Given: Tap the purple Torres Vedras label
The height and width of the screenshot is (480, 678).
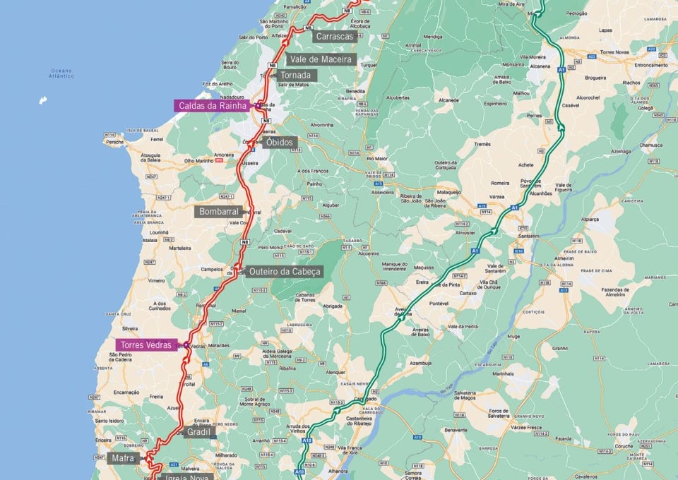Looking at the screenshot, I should pos(145,345).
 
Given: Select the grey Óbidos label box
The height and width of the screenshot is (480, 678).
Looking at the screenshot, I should pos(280,142).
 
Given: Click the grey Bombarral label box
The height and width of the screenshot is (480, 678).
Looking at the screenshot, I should pos(219,211).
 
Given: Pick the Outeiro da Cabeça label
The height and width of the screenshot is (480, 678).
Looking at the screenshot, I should pos(285,271).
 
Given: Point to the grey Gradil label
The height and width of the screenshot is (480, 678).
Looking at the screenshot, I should pos(200,431).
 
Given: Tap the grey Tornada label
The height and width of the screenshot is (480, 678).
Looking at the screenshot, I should pos(295,75).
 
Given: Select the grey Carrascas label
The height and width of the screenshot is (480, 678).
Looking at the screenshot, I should pos(335,36).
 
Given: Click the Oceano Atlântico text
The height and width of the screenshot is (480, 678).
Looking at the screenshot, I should pos(62,73).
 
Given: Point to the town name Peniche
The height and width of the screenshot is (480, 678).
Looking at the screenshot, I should pos(114,142).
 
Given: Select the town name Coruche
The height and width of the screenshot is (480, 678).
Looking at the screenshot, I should pos(621,445).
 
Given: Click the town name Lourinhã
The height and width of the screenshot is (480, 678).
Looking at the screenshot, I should pos(159,232).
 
